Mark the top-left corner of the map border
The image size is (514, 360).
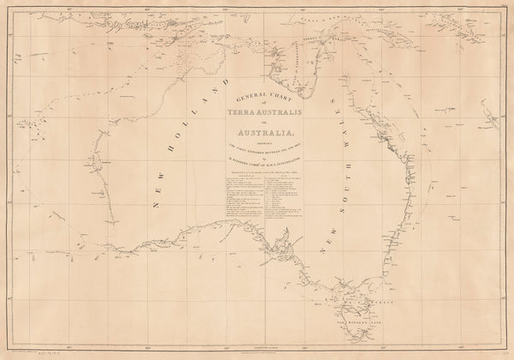pos(7,9)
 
